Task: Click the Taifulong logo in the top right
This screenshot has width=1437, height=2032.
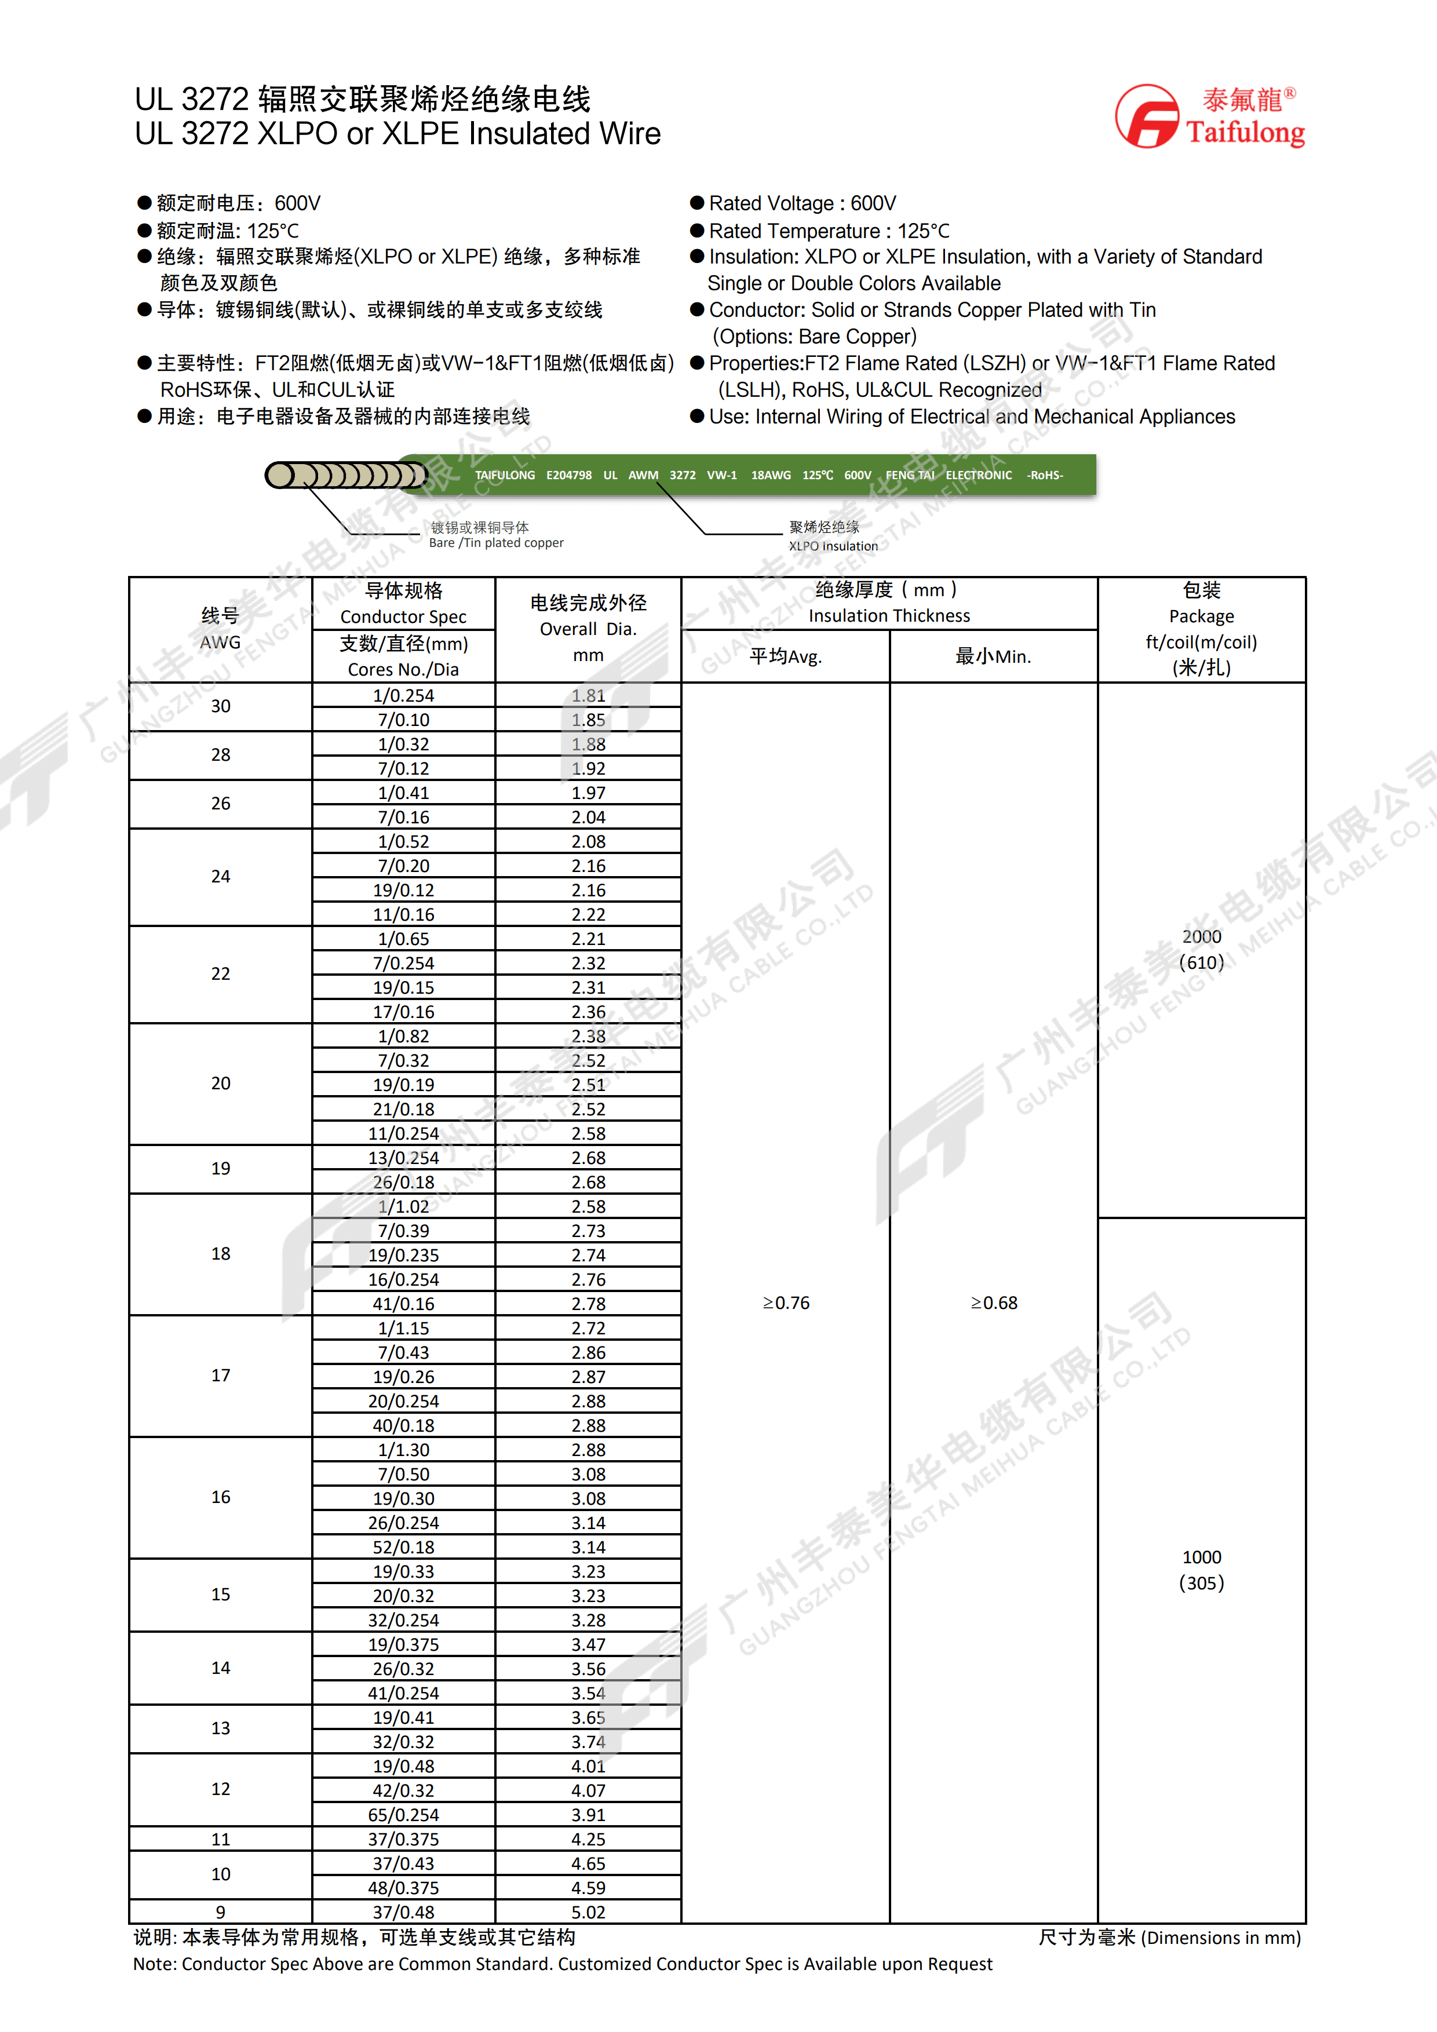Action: [1209, 116]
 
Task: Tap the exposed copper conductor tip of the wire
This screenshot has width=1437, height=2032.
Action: [282, 475]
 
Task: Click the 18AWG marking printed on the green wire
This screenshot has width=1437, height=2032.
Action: [771, 475]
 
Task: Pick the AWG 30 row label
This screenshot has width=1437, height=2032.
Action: [220, 706]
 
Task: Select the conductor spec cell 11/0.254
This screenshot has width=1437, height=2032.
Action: [403, 1134]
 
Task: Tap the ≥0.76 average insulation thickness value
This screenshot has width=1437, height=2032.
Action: [786, 1303]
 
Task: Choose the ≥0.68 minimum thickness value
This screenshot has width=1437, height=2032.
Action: [994, 1303]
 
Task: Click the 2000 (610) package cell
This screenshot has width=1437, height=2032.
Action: [1201, 950]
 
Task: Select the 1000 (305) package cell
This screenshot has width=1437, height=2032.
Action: [1201, 1570]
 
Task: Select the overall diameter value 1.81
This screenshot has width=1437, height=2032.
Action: [589, 696]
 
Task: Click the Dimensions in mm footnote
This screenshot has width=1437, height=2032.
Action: [1169, 1938]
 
